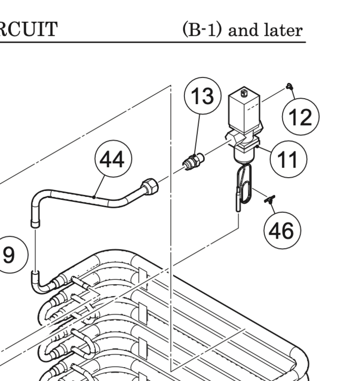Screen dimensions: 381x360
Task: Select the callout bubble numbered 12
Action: [300, 118]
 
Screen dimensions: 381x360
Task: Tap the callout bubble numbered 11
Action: [288, 160]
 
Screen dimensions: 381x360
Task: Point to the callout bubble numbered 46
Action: [282, 230]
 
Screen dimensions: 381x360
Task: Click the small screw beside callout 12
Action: [289, 87]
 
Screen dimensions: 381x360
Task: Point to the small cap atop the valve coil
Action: [243, 93]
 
